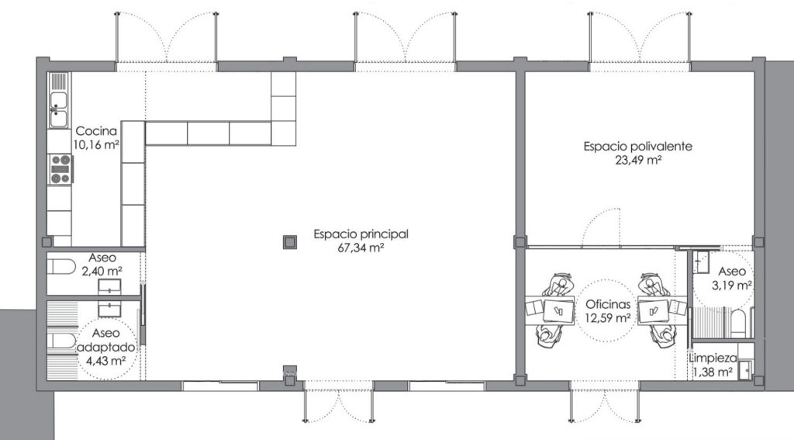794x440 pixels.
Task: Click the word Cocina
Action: coord(96,131)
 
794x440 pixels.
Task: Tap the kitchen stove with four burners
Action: coord(60,169)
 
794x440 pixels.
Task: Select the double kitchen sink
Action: coord(59,109)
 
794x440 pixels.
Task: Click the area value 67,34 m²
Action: coord(360,248)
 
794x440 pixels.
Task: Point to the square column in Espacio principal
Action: coord(290,242)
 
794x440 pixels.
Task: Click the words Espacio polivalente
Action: coord(637,147)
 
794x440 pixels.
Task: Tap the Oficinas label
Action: coord(608,304)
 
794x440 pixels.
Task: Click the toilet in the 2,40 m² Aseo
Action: coord(60,267)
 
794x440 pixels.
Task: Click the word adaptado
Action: coord(105,347)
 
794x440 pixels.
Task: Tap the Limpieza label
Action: coord(713,359)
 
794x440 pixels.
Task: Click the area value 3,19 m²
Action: coord(732,286)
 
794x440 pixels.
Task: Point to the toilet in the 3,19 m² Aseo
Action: coord(738,324)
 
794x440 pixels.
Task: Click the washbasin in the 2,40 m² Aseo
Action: coord(109,286)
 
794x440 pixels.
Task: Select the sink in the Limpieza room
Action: coord(746,369)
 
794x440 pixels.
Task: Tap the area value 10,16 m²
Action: coord(96,145)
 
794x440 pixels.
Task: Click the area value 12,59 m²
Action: coord(608,318)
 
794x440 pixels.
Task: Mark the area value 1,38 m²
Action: coord(713,372)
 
